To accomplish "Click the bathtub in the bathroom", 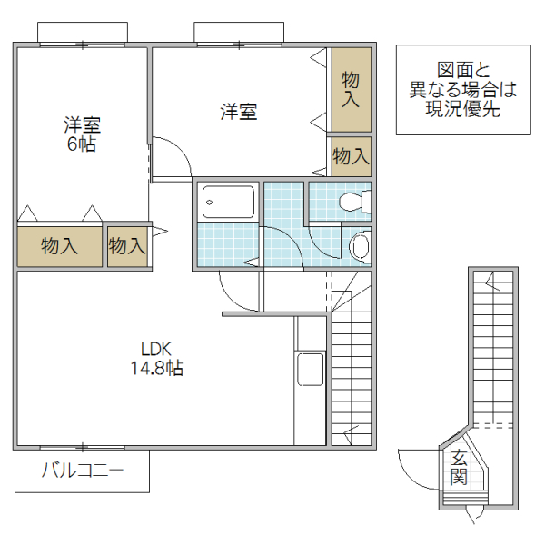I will click(x=228, y=201).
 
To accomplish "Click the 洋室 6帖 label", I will click(x=80, y=134).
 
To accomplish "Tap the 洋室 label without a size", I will click(x=239, y=113).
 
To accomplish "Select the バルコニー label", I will click(x=82, y=471).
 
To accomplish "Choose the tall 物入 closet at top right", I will click(x=350, y=89).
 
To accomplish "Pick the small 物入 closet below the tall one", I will click(x=350, y=157).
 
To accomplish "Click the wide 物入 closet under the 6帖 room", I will click(x=59, y=245).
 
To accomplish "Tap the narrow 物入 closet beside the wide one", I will click(x=127, y=245).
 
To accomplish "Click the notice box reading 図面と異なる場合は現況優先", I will click(x=462, y=91).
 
